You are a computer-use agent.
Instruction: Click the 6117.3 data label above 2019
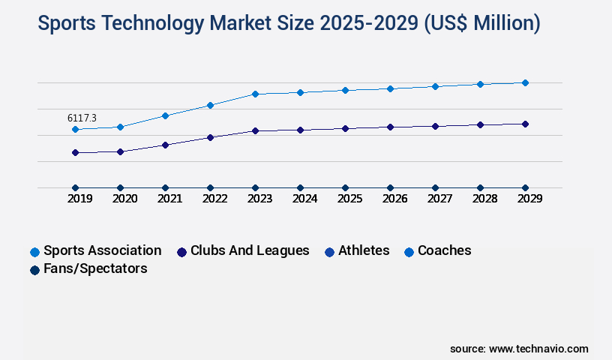(x=82, y=118)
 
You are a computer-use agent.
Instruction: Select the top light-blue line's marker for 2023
(x=255, y=94)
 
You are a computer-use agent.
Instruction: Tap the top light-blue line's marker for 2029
(x=525, y=82)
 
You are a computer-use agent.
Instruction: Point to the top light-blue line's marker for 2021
(x=165, y=115)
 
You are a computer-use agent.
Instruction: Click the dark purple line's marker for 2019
(x=75, y=152)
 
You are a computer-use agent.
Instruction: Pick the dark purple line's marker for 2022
(x=210, y=137)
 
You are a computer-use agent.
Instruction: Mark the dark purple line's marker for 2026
(x=390, y=127)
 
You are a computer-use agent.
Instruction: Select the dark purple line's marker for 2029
(x=525, y=124)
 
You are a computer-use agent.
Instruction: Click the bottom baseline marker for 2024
(x=300, y=187)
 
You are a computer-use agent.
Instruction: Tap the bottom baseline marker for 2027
(x=435, y=187)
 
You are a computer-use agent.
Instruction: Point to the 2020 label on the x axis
(x=124, y=199)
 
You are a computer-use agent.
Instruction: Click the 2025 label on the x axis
(x=349, y=199)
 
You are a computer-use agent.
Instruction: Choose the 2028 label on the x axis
(x=484, y=199)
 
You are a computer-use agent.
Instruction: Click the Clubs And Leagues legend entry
(x=243, y=250)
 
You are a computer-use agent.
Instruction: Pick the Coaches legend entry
(x=438, y=250)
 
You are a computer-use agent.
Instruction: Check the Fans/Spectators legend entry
(x=88, y=268)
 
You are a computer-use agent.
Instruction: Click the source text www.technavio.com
(x=538, y=349)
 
